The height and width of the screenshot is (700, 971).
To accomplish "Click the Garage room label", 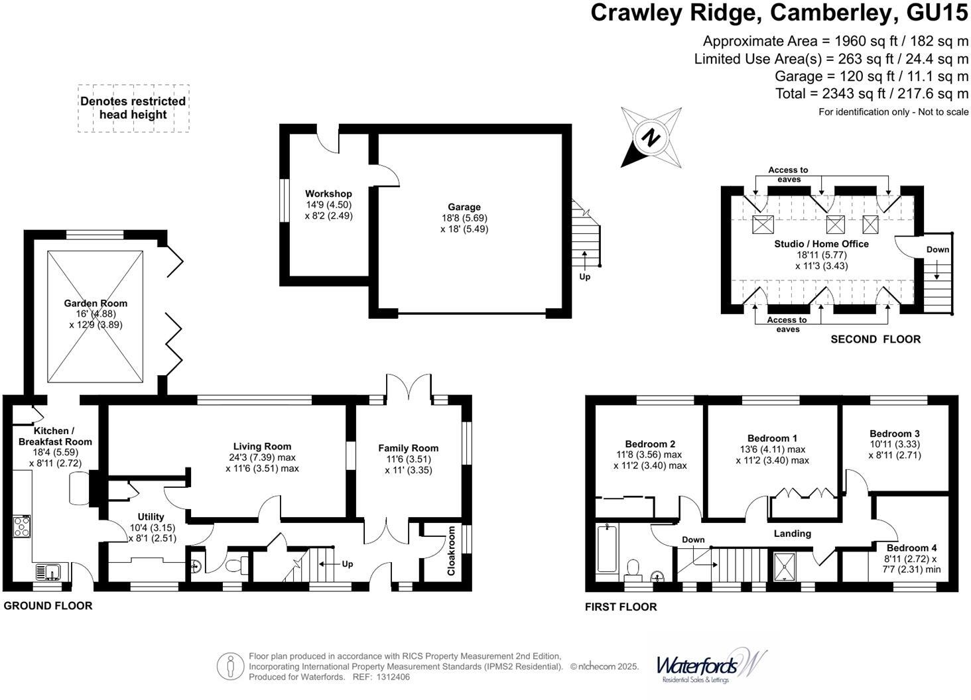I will coord(464,207).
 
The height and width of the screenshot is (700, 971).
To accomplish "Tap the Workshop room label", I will coord(328,194).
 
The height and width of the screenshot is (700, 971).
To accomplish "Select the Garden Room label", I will coord(96,304).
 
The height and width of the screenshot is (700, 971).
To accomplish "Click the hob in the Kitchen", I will coord(21,526).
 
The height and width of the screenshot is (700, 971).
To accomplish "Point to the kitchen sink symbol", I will coord(48,571).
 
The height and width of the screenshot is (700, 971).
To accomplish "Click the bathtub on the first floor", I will coord(606,548).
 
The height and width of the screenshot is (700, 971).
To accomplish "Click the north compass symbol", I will coord(651,138).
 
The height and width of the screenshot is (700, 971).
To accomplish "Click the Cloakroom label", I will coord(452,550).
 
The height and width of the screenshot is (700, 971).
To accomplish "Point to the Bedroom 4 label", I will coord(911,548).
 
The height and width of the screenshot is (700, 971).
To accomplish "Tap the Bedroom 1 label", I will coord(772,438).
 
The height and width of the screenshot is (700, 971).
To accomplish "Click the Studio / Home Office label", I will coord(821,244).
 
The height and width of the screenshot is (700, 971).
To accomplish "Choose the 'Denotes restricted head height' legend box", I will coord(133,108).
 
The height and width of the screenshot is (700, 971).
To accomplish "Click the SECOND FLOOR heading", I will coord(875,339).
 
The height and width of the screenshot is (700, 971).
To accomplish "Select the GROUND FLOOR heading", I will coord(48,605).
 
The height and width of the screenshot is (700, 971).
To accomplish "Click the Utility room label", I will coord(151,517).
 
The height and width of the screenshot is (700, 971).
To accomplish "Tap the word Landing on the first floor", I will coord(792,534).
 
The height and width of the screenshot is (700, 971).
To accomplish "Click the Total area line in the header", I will coord(872,93).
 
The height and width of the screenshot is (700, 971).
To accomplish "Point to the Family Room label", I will coord(408,448).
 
